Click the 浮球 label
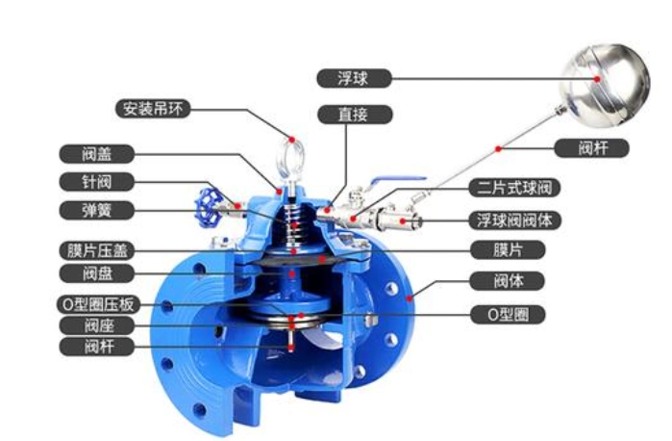354,79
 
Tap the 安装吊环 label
153,109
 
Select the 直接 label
355,115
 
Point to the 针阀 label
96,182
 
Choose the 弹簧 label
96,211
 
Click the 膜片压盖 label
96,250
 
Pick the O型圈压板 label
98,304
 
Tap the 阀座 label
96,325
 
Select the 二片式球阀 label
514,188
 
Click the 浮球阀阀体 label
514,220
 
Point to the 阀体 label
508,281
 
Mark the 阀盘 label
96,273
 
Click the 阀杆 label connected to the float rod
591,148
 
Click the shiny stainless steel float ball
605,86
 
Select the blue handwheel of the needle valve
209,208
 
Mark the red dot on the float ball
597,79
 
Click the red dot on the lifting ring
292,140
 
